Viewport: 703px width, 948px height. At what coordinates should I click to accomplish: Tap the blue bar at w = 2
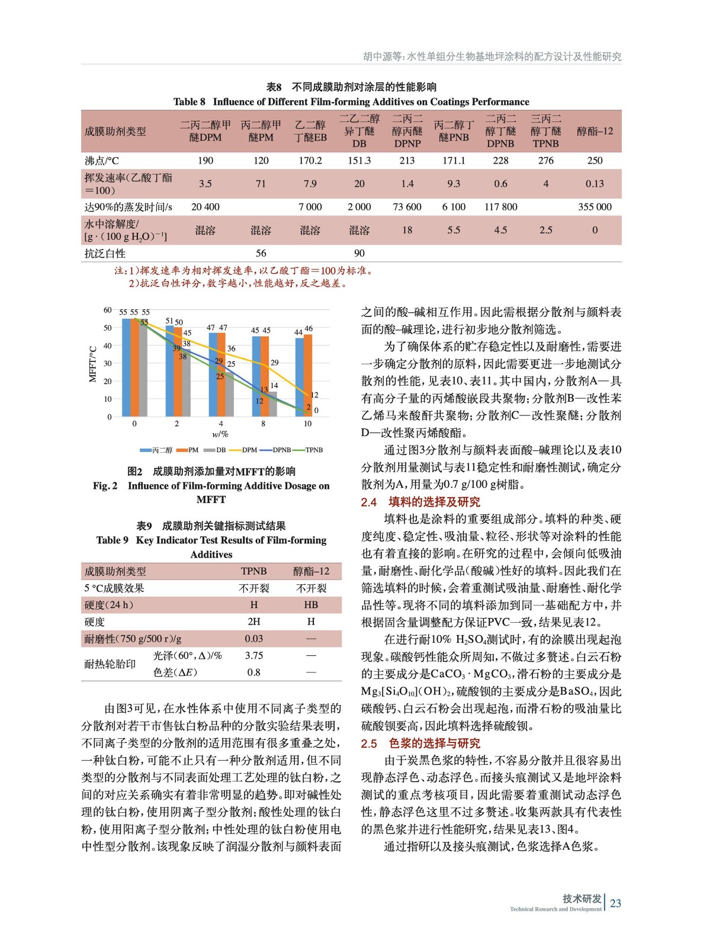[x=169, y=370]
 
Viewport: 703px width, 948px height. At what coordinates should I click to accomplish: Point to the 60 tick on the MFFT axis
[x=107, y=310]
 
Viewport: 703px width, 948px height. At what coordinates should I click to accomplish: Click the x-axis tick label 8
[x=264, y=424]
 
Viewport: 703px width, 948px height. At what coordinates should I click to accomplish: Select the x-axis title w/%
[x=220, y=434]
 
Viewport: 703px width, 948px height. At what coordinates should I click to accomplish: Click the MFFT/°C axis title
[x=92, y=364]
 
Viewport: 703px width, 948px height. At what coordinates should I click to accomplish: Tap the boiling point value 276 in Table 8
[x=545, y=161]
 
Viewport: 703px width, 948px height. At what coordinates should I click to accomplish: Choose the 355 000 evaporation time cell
[x=595, y=207]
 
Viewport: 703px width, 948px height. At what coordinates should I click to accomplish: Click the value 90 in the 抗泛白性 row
[x=359, y=253]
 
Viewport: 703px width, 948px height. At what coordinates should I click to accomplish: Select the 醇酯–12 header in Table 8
[x=595, y=131]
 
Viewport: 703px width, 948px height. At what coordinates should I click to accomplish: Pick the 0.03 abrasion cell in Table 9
[x=254, y=639]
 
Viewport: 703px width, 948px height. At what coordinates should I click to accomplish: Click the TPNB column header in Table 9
[x=253, y=571]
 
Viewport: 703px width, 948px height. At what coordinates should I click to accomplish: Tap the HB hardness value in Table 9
[x=311, y=605]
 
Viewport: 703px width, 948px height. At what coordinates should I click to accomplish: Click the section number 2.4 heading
[x=369, y=502]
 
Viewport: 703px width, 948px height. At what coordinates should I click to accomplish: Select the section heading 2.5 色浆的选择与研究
[x=420, y=744]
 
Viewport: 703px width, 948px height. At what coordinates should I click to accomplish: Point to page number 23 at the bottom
[x=615, y=903]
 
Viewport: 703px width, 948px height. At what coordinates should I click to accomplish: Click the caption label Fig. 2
[x=105, y=486]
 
